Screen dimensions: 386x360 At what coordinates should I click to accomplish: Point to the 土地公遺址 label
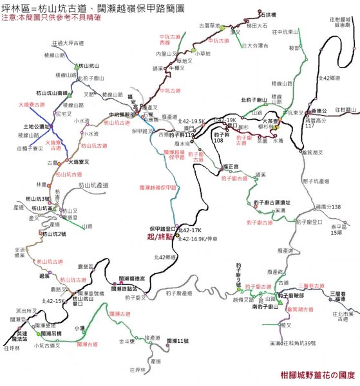35,127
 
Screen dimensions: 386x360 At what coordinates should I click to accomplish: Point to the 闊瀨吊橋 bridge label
48,335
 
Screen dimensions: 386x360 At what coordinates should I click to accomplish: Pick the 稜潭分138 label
327,207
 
